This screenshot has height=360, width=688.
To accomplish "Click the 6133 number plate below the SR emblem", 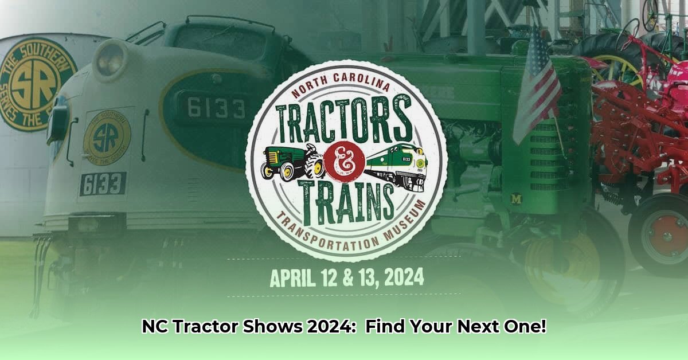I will tap(103, 183).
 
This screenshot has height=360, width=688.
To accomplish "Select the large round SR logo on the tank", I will tap(36, 84).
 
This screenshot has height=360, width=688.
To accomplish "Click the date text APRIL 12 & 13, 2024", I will tap(347, 278).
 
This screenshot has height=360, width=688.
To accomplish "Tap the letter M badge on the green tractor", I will tap(516, 199).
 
